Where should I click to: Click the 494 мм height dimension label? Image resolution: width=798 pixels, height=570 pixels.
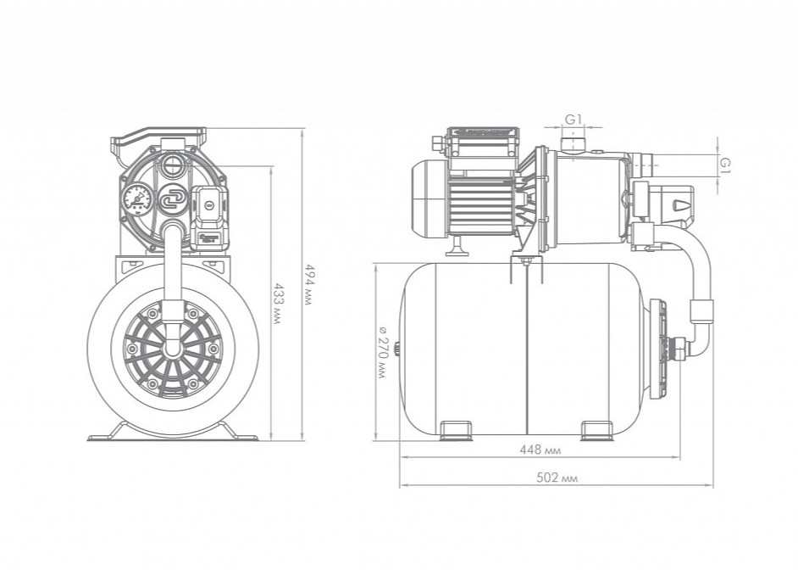point(307,284)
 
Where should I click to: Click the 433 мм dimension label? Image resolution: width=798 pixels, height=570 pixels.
point(277,305)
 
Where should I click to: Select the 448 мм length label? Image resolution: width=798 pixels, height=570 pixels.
point(540,450)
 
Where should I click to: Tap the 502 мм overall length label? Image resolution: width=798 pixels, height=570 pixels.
point(557,478)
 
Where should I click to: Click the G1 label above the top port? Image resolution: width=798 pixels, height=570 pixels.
point(573,120)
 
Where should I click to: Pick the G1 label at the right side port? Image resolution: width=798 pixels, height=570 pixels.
point(726,164)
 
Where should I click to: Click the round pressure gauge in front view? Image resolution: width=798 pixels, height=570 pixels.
point(136,199)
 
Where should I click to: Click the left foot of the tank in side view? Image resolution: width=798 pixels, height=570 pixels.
point(456,430)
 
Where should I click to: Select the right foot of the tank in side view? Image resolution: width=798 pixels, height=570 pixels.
point(598,430)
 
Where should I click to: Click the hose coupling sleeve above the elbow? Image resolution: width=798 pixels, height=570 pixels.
point(701,311)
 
